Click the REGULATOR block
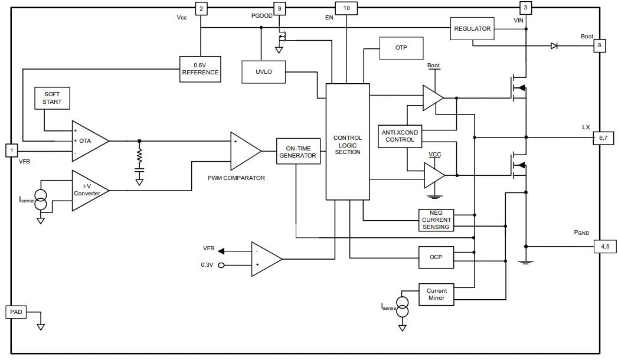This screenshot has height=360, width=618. click(472, 29)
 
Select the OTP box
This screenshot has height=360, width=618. click(401, 48)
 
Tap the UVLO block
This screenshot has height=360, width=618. click(264, 72)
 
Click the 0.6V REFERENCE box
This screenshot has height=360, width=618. click(200, 68)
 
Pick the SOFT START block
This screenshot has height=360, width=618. click(52, 98)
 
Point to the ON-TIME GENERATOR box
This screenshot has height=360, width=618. click(298, 152)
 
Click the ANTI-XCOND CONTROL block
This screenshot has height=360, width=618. click(400, 136)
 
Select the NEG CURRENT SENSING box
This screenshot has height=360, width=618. click(436, 220)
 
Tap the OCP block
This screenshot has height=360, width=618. click(436, 257)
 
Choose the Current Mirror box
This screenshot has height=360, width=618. click(436, 294)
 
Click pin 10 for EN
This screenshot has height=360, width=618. click(346, 8)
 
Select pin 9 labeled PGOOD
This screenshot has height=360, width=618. click(279, 8)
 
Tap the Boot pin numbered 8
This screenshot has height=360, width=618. click(600, 46)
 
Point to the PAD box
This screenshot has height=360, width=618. click(17, 312)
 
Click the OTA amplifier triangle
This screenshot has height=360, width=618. click(87, 141)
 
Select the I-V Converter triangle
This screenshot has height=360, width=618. click(87, 190)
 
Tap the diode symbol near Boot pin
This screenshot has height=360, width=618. click(554, 46)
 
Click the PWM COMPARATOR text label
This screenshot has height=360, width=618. click(236, 178)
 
